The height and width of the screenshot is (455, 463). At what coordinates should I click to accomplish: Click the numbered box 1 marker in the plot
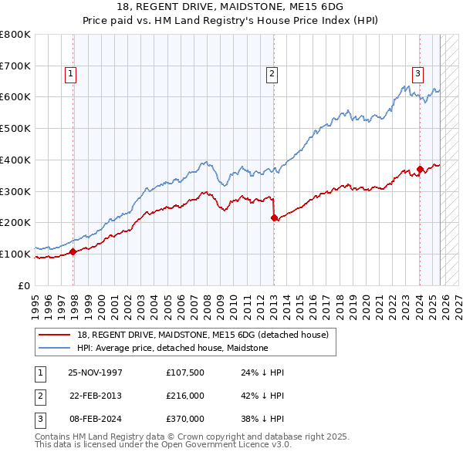70,74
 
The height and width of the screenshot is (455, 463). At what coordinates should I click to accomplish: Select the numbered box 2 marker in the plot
272,74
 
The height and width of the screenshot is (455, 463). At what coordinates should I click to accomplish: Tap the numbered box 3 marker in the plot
417,74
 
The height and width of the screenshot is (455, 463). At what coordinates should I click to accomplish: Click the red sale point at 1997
73,251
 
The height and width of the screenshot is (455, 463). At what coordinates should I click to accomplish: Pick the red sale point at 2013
274,217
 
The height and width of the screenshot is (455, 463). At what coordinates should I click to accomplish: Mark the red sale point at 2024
420,169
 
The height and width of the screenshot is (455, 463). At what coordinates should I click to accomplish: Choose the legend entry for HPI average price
172,348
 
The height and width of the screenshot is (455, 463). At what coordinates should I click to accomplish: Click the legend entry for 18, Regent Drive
203,335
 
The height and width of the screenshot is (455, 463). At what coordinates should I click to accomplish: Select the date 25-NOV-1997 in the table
96,372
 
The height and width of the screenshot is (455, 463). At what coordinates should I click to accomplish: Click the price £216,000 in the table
184,396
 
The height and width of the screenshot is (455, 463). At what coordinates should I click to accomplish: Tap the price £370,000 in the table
184,419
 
